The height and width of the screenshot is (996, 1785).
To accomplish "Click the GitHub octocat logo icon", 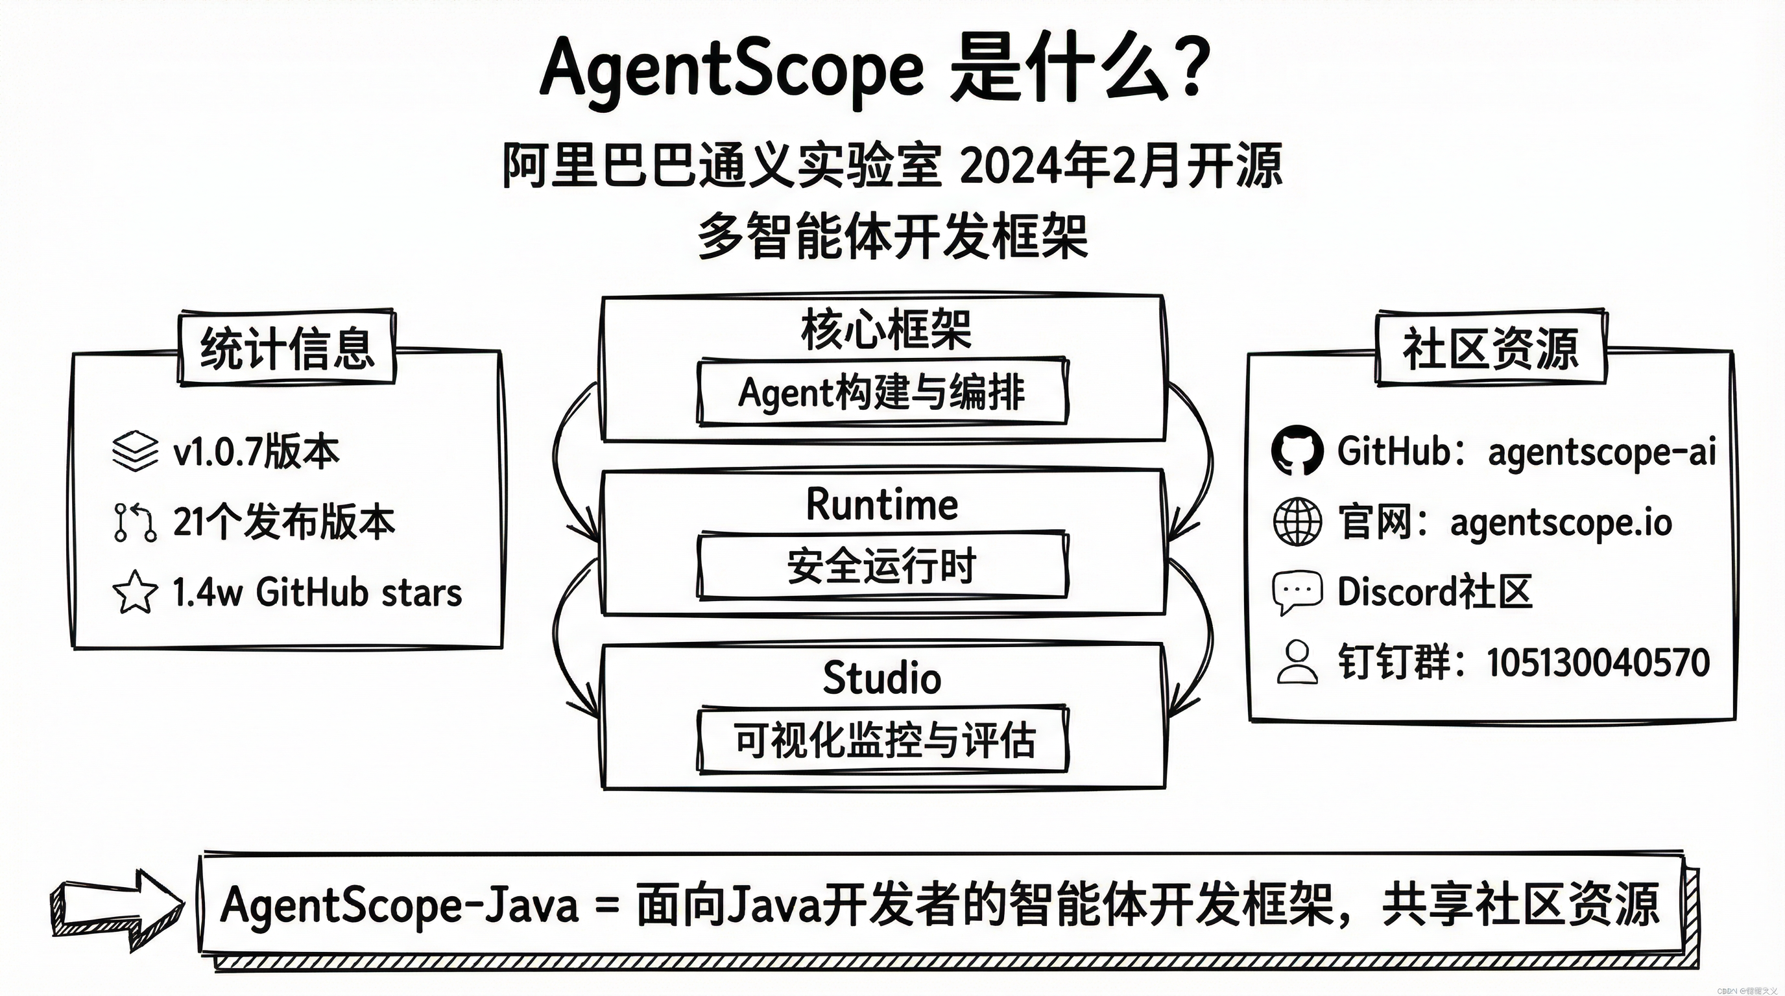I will (1297, 450).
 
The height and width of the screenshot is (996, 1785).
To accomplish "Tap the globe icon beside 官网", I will (1297, 521).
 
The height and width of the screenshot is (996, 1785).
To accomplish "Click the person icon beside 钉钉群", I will (1297, 662).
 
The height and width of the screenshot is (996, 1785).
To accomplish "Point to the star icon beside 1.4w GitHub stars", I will (134, 592).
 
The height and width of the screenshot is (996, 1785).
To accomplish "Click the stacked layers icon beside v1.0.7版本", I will (134, 451).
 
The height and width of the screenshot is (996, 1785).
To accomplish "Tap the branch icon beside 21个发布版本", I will (134, 522).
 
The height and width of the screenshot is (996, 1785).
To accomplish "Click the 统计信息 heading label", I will (287, 348).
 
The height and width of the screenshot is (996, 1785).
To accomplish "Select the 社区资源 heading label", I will (1491, 348).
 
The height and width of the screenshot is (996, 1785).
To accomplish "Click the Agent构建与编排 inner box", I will (881, 392).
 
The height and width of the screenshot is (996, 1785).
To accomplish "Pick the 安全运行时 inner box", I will (881, 566).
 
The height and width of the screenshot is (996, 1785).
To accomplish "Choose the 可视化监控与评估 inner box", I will (881, 740).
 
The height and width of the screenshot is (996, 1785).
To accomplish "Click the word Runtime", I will (881, 504).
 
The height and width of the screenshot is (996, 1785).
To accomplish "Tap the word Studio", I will (881, 678).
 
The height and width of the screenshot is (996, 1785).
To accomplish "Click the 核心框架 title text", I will (885, 329).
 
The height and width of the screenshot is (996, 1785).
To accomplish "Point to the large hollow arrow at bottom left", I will (118, 909).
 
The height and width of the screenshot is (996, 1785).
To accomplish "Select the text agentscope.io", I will (1561, 522).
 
